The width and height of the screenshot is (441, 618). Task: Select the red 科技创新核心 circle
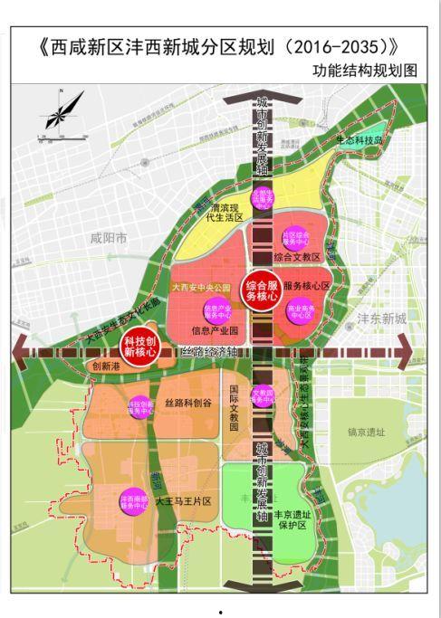[x=140, y=348]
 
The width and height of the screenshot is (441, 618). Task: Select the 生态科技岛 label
[x=360, y=141]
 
